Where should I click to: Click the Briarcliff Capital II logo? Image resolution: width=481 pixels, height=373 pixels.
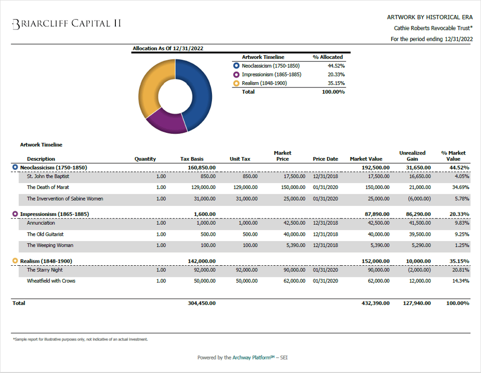click(66, 24)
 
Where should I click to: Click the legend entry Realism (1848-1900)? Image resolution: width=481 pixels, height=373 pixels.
click(264, 83)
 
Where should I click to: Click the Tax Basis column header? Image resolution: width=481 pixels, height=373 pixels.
click(192, 159)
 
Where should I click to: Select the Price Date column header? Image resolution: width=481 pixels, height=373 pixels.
click(325, 159)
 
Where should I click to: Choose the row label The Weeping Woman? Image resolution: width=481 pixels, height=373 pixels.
click(50, 245)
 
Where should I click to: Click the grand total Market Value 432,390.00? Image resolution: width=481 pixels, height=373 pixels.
click(375, 303)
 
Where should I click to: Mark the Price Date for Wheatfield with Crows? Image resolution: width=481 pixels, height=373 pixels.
click(325, 281)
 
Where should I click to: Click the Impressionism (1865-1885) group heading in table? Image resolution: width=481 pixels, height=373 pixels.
click(54, 214)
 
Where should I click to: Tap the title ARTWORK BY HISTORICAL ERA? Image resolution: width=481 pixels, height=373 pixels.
click(430, 17)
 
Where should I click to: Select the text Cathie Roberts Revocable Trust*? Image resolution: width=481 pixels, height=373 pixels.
click(433, 29)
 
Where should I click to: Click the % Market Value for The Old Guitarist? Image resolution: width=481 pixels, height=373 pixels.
click(461, 234)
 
